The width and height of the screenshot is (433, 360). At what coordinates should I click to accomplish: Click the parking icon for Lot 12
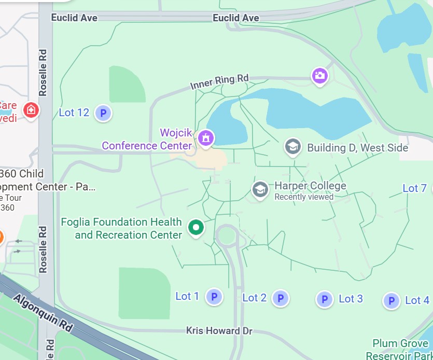pyautogui.click(x=103, y=113)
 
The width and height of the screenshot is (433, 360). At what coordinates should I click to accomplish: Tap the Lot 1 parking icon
pyautogui.click(x=214, y=297)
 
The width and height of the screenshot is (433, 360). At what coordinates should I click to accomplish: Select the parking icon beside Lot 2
pyautogui.click(x=280, y=298)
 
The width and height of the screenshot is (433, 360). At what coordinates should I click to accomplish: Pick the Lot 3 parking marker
pyautogui.click(x=325, y=299)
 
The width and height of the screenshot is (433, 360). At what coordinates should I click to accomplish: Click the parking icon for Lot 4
pyautogui.click(x=392, y=300)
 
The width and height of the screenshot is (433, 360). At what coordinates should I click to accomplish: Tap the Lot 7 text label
pyautogui.click(x=414, y=188)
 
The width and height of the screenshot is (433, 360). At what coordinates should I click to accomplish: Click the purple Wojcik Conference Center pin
pyautogui.click(x=206, y=138)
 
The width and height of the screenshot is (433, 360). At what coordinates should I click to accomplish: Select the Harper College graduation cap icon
pyautogui.click(x=260, y=189)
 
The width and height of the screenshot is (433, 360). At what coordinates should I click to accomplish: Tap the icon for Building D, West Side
pyautogui.click(x=293, y=147)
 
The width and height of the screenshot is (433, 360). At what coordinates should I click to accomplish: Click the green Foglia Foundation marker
pyautogui.click(x=195, y=227)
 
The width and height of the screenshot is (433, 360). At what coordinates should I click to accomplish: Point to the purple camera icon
pyautogui.click(x=319, y=76)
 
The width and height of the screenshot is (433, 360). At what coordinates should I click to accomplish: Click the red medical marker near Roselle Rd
pyautogui.click(x=31, y=110)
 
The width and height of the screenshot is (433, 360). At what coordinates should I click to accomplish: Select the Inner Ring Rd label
pyautogui.click(x=219, y=82)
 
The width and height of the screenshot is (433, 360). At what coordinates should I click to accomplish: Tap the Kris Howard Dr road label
pyautogui.click(x=219, y=330)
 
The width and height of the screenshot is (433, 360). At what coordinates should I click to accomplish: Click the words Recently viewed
pyautogui.click(x=304, y=197)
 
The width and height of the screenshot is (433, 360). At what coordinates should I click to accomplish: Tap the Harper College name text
pyautogui.click(x=310, y=186)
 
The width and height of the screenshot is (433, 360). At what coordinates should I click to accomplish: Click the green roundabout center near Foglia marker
pyautogui.click(x=227, y=236)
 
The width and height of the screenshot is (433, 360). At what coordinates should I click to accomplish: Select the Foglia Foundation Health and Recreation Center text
pyautogui.click(x=121, y=228)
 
